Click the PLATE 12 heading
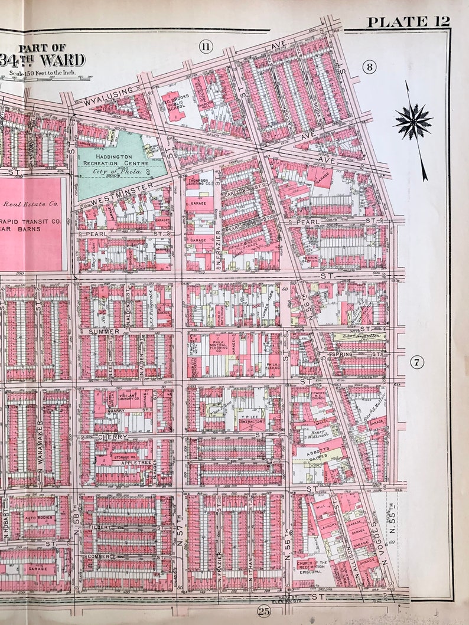coord(408,22)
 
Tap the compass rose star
coord(413,122)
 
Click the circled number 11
coord(205,48)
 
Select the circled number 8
coord(369,67)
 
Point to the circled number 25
coord(263,611)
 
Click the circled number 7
coord(417,362)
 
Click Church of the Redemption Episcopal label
coord(312,567)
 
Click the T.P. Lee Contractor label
coord(250,421)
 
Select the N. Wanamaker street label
coord(40,443)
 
